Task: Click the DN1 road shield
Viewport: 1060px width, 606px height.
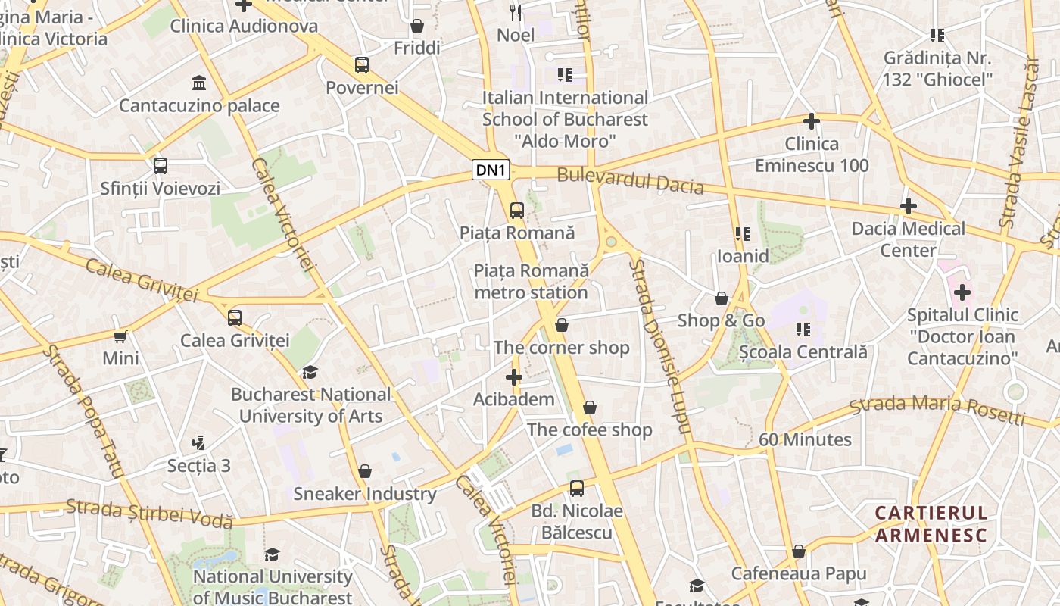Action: coord(491,170)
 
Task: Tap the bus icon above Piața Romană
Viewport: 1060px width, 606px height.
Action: coord(517,210)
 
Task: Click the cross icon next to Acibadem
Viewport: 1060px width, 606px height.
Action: coord(514,376)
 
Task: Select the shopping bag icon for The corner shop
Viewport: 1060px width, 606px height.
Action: coord(561,325)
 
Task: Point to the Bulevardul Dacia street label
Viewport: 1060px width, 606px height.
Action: coord(630,182)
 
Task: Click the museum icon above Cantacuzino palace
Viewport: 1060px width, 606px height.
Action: coord(199,82)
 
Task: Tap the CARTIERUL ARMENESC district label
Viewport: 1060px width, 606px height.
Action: coord(931,524)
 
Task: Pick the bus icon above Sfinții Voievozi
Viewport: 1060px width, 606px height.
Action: coord(160,165)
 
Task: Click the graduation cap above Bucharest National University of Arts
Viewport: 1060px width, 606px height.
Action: coord(310,371)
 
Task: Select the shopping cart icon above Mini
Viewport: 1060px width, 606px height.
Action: coord(120,336)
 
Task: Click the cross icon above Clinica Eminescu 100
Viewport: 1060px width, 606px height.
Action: coord(811,120)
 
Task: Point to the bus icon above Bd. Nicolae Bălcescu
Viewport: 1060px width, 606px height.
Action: coord(577,488)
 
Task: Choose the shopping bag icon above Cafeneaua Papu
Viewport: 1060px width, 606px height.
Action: coord(798,551)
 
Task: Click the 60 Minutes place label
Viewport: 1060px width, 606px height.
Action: coord(805,439)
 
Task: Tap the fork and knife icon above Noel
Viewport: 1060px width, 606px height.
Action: coord(516,11)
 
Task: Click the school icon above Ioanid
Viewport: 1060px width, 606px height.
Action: coord(742,233)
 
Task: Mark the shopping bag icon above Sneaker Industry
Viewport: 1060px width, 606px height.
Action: coord(365,471)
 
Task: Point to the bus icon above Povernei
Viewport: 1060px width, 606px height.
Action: coord(362,65)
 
